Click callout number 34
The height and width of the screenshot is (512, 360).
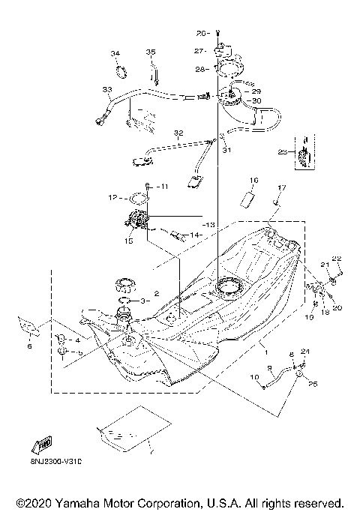[115, 54]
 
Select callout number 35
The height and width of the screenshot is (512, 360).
[151, 52]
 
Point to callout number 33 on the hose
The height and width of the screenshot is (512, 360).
[106, 90]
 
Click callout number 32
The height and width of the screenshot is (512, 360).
[178, 133]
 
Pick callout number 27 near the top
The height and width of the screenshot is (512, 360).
[199, 51]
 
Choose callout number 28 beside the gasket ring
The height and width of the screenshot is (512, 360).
[199, 69]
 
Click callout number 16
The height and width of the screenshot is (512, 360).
[253, 181]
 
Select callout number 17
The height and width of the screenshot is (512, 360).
[283, 187]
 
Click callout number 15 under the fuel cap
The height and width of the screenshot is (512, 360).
[129, 241]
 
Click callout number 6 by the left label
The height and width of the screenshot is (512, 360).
[30, 347]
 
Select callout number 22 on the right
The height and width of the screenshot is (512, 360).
[337, 259]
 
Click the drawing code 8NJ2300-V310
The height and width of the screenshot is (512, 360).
[46, 463]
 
